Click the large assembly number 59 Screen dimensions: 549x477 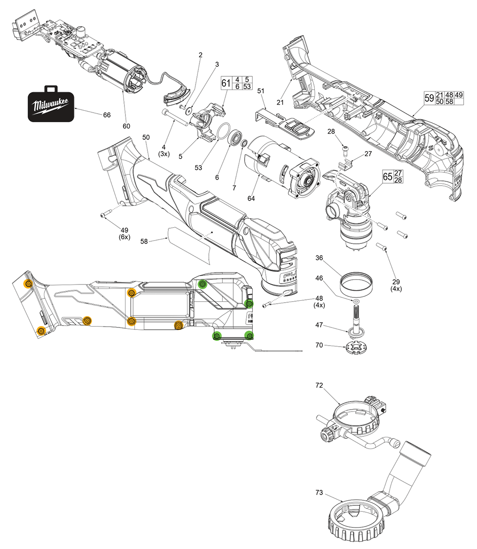tap(429, 98)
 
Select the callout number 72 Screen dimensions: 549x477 tap(319, 384)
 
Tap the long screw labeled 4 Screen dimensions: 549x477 tap(174, 116)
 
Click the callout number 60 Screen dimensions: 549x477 tap(126, 126)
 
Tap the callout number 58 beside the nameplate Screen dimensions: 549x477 tap(145, 242)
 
